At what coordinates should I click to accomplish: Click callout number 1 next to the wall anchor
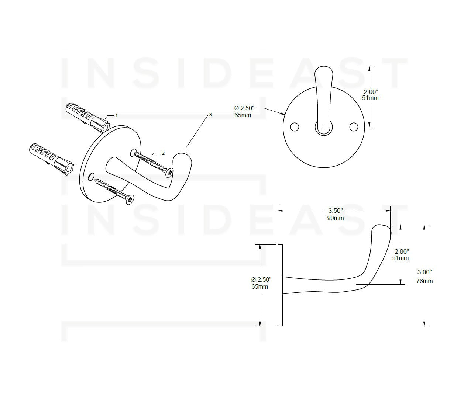116,115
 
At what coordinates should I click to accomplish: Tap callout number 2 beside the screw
163,153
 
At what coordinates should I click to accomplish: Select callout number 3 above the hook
210,115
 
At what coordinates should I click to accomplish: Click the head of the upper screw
170,173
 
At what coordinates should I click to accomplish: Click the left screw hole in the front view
295,126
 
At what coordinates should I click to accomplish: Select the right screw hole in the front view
354,127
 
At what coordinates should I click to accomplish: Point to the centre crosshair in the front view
324,127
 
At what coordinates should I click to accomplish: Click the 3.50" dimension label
336,211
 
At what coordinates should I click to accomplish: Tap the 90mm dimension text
336,218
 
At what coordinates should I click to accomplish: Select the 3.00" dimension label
424,272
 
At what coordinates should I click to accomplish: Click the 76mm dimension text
424,281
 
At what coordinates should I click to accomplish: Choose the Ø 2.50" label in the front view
245,108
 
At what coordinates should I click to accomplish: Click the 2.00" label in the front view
371,91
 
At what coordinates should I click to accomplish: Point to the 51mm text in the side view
400,258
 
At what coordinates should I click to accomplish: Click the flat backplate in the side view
280,285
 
